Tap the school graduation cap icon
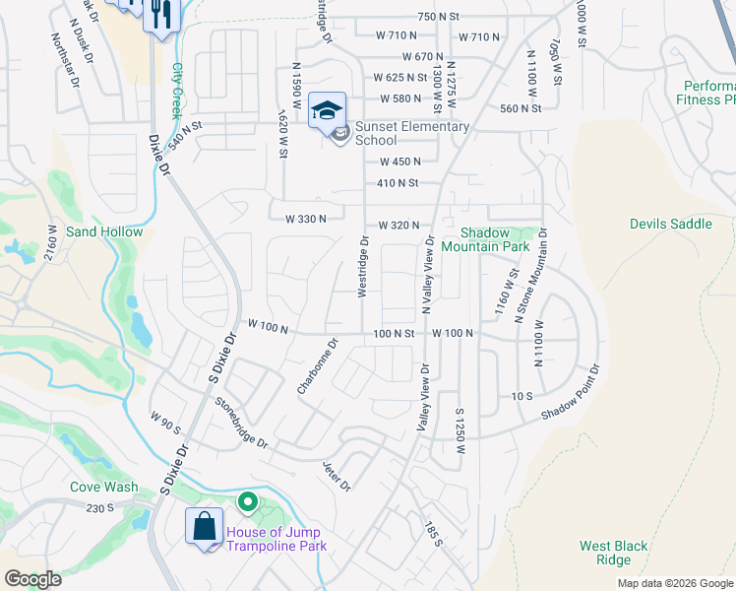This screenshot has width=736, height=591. (x=327, y=109)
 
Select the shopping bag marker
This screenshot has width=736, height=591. (x=205, y=524)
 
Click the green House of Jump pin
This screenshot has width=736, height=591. (x=248, y=504)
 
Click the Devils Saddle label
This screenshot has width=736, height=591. (x=670, y=224)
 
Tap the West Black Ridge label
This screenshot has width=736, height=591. (x=613, y=553)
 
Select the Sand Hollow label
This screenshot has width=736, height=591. (x=104, y=231)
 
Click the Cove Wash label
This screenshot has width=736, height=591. (x=104, y=487)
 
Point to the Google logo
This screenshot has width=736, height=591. (x=32, y=578)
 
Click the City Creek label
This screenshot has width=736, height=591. (x=177, y=91)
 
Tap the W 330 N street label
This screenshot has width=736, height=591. (x=306, y=218)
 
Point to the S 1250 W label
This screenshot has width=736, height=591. (x=460, y=429)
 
